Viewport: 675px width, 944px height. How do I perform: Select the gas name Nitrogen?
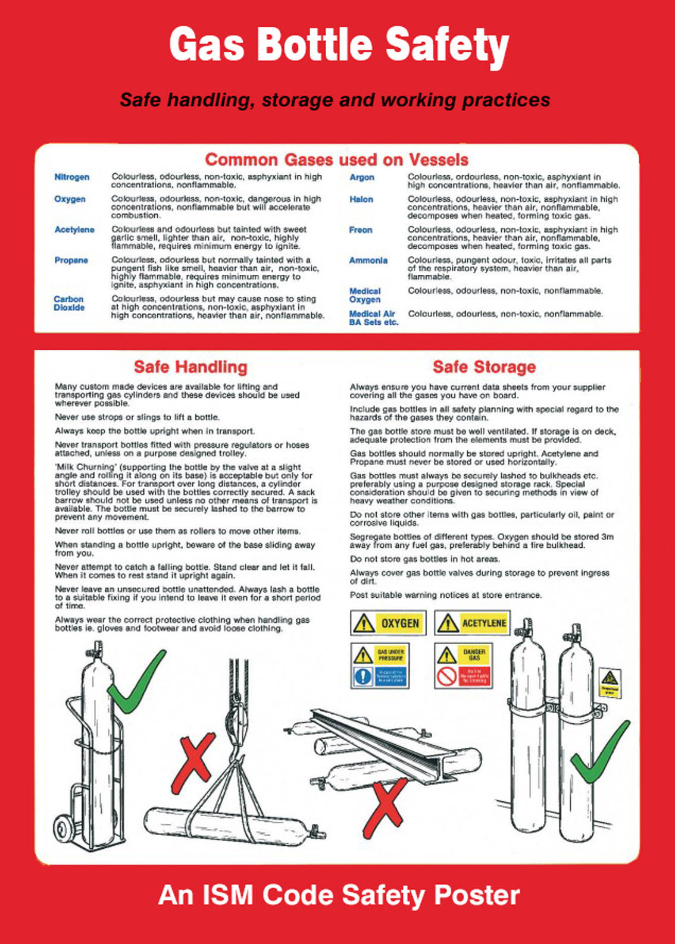click(x=71, y=177)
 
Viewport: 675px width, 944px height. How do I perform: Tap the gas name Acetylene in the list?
click(x=74, y=230)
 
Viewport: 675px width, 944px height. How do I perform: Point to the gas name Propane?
click(x=71, y=261)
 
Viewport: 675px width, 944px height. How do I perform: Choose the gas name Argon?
click(x=362, y=177)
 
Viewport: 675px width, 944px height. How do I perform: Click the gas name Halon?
click(x=361, y=200)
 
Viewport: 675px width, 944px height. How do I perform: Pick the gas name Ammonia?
click(x=368, y=261)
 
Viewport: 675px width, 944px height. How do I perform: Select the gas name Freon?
click(x=361, y=230)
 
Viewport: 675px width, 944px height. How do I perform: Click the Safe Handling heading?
click(x=190, y=367)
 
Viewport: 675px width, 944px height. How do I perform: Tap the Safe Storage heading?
click(x=484, y=367)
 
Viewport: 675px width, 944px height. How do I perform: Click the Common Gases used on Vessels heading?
click(x=336, y=159)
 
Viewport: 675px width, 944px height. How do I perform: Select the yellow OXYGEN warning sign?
click(x=388, y=623)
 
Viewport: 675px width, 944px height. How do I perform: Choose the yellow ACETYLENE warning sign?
click(x=472, y=623)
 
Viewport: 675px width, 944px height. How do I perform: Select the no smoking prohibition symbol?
click(x=446, y=676)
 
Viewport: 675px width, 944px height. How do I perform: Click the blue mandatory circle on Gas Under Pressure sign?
click(x=363, y=676)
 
